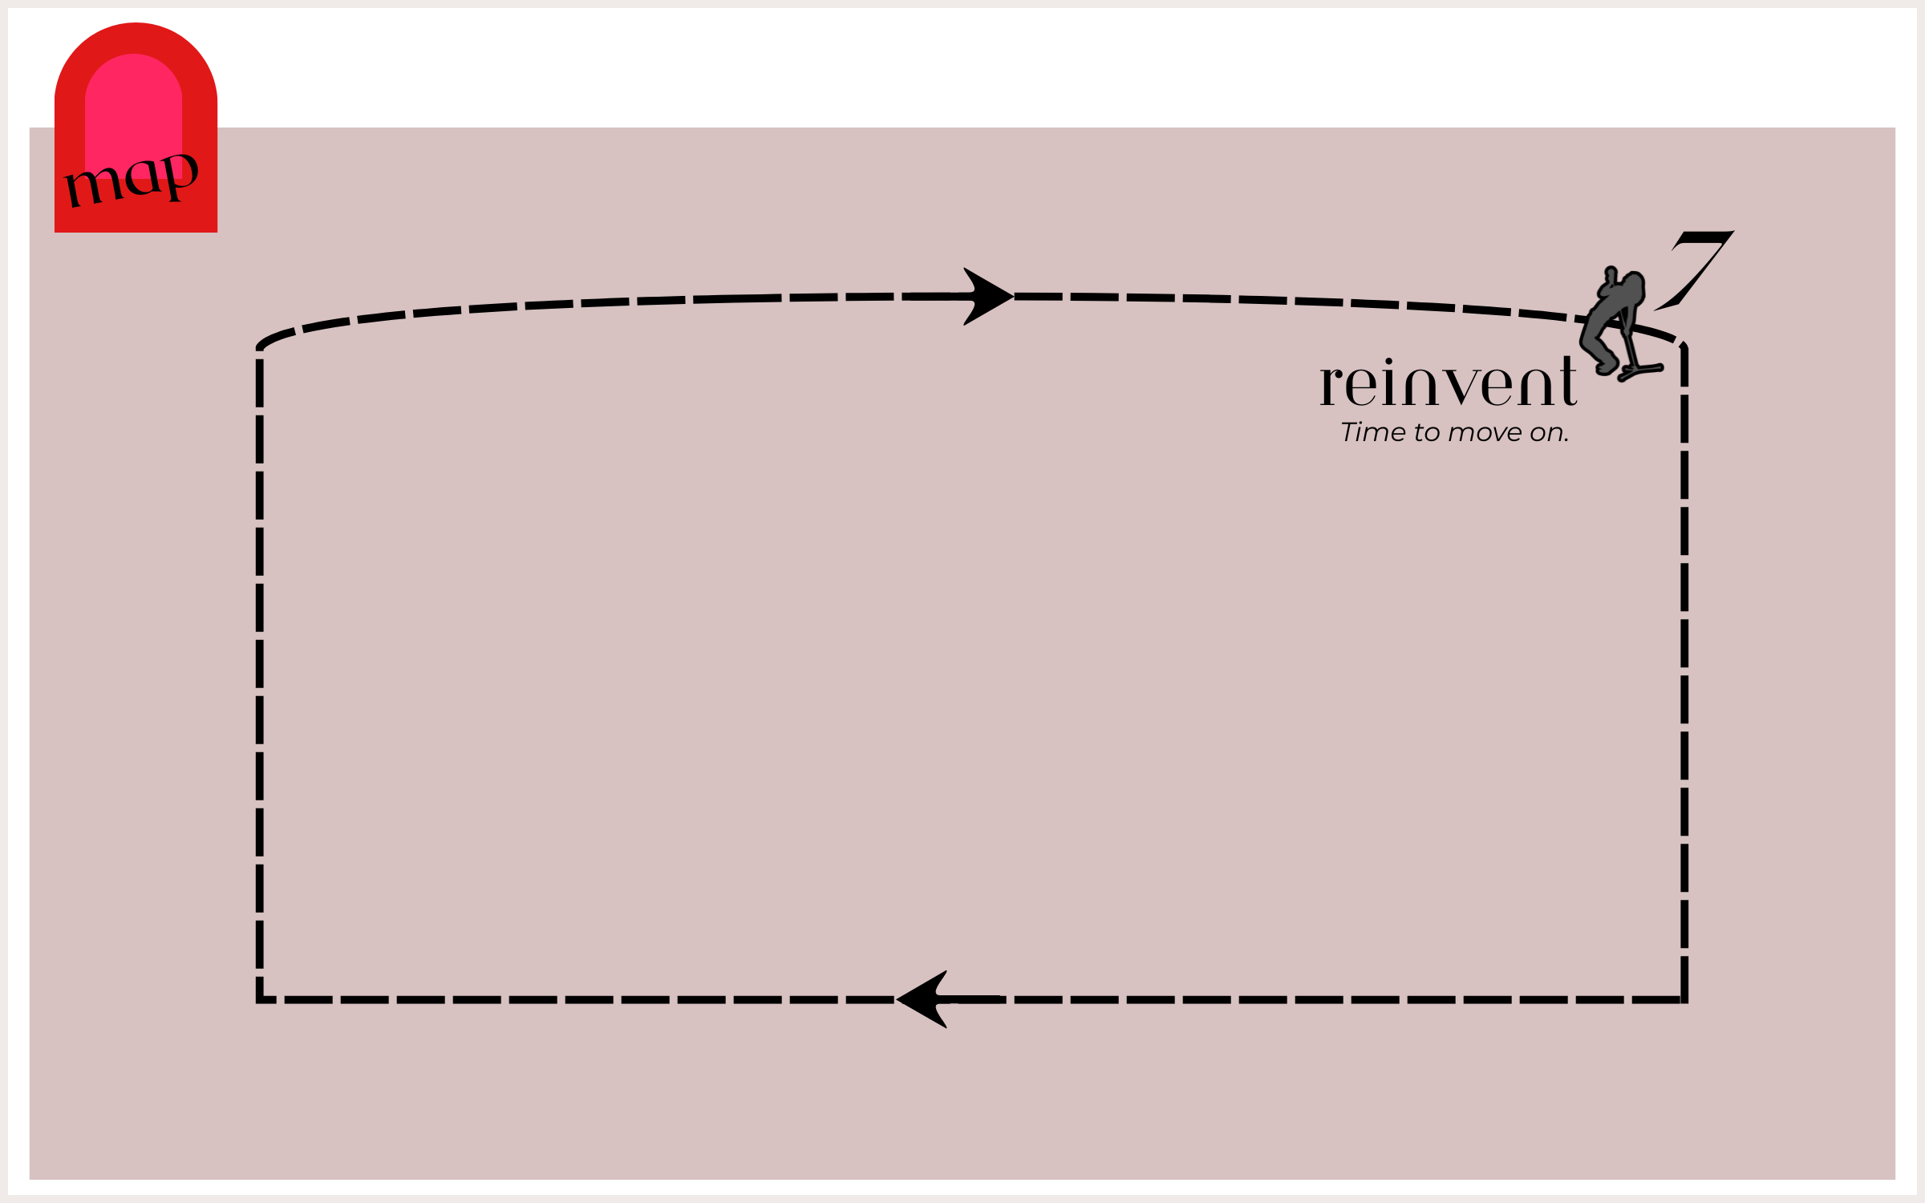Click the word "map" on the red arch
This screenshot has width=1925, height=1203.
pos(132,179)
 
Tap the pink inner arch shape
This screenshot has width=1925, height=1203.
pos(133,112)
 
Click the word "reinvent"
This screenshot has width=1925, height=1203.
pos(1449,382)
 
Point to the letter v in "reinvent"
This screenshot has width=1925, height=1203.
pos(1473,387)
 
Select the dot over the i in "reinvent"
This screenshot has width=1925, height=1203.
pos(1389,362)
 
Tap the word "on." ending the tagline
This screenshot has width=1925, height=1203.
pos(1549,434)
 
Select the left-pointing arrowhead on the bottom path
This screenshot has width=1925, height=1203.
pos(922,999)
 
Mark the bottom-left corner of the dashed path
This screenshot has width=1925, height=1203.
pos(259,1000)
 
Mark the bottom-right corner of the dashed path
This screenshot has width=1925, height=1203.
pos(1684,1000)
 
